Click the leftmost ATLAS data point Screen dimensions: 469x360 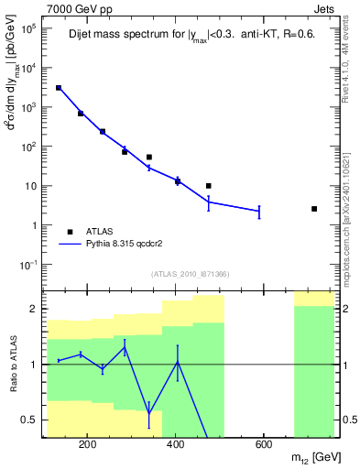coord(59,88)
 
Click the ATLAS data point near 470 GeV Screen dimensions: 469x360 coord(209,186)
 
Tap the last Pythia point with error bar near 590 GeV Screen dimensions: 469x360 coord(259,212)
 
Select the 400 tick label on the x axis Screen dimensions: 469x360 coord(175,446)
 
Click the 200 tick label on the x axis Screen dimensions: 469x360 coord(88,446)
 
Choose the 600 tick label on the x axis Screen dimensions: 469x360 coord(262,446)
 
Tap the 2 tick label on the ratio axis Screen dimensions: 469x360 coord(35,309)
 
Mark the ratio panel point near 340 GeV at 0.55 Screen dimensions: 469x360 coord(148,412)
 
